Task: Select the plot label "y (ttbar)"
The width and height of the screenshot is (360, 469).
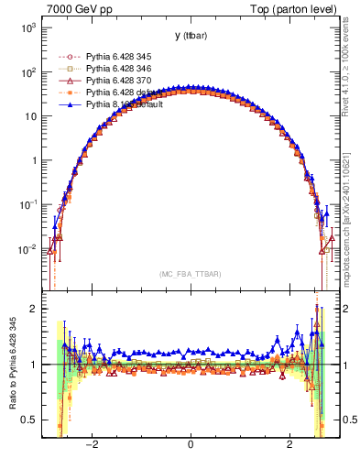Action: (189, 36)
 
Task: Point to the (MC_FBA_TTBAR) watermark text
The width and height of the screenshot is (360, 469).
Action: (190, 274)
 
